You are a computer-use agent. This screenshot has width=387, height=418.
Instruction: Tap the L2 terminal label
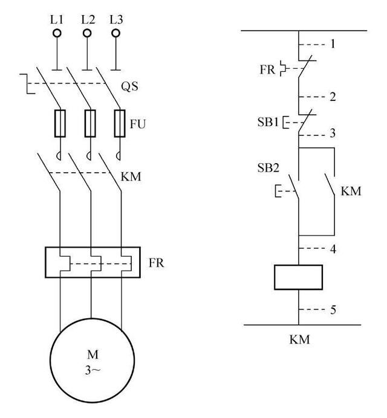[88, 20]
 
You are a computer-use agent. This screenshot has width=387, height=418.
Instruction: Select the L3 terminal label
[117, 20]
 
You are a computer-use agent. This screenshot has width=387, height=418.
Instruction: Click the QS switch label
[129, 86]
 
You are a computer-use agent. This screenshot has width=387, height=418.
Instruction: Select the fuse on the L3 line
[120, 123]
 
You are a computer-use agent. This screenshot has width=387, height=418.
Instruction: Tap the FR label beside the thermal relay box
[157, 263]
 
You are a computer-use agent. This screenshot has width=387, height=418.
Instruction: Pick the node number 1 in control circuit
[332, 44]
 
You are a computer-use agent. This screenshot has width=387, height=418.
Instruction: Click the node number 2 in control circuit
[332, 97]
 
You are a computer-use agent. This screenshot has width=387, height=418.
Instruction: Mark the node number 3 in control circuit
[332, 133]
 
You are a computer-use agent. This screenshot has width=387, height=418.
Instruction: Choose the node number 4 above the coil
[332, 249]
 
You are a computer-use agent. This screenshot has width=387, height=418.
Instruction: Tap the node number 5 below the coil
[332, 310]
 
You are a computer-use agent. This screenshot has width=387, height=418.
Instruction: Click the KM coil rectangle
[298, 277]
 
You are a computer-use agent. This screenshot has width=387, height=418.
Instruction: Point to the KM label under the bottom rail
[299, 340]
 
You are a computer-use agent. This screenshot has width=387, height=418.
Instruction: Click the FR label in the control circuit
[268, 69]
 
